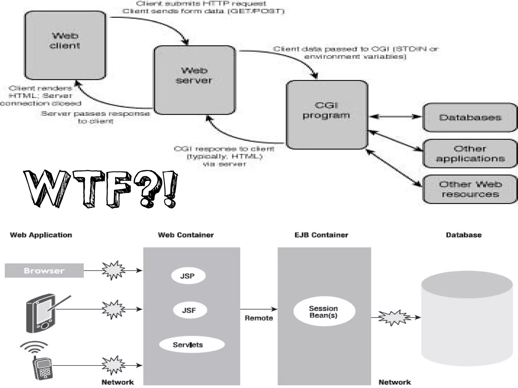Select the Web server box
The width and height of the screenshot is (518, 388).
(195, 80)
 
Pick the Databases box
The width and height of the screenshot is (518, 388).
(470, 117)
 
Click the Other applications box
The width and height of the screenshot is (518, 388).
(470, 153)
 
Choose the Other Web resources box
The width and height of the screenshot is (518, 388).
(470, 189)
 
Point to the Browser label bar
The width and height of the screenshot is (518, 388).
(44, 270)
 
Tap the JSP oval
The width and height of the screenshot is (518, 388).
(188, 276)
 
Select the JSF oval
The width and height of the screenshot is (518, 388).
(190, 310)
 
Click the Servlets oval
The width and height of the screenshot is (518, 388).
(191, 345)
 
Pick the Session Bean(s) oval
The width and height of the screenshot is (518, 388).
(324, 311)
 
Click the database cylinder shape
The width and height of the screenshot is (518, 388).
(467, 318)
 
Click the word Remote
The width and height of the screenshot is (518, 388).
(258, 318)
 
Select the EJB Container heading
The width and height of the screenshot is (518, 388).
(321, 235)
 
